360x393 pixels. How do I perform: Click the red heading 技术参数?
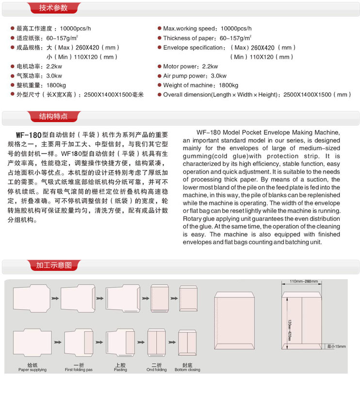pyautogui.click(x=53, y=8)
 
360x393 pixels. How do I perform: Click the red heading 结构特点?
pyautogui.click(x=53, y=116)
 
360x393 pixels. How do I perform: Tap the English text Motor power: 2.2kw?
pyautogui.click(x=190, y=66)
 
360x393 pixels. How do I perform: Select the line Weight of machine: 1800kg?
pyautogui.click(x=200, y=85)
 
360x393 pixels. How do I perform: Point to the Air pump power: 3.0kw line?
pyautogui.click(x=195, y=76)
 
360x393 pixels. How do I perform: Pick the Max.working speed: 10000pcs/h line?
pyautogui.click(x=207, y=29)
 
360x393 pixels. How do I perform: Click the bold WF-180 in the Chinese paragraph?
pyautogui.click(x=27, y=135)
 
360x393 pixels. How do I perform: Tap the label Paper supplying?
pyautogui.click(x=33, y=370)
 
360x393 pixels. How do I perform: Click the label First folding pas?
pyautogui.click(x=79, y=370)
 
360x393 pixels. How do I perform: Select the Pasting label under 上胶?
pyautogui.click(x=120, y=370)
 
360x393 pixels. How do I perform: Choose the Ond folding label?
pyautogui.click(x=157, y=370)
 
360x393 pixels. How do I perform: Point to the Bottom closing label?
pyautogui.click(x=187, y=370)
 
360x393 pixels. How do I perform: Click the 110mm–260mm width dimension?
pyautogui.click(x=304, y=282)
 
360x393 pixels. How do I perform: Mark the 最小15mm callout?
pyautogui.click(x=336, y=346)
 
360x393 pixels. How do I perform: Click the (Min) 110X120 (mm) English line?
pyautogui.click(x=262, y=57)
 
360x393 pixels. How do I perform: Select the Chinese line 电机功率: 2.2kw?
pyautogui.click(x=39, y=66)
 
